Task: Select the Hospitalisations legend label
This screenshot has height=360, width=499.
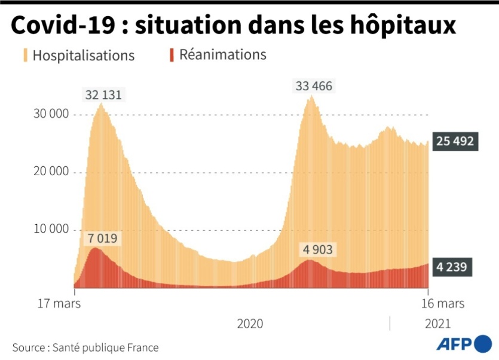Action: pos(84,56)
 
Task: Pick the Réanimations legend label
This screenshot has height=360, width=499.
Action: pos(222,55)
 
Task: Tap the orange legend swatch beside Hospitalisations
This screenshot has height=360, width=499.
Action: pos(25,56)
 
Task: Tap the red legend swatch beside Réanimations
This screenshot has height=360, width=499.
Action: pos(172,55)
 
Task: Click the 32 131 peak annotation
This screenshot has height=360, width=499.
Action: pos(106,94)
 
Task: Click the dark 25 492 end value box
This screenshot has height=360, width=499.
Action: pos(454,142)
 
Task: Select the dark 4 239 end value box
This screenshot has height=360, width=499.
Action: pos(454,267)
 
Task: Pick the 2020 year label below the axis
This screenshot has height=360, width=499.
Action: pos(250,324)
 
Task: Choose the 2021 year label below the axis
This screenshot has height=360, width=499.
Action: pos(437,324)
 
